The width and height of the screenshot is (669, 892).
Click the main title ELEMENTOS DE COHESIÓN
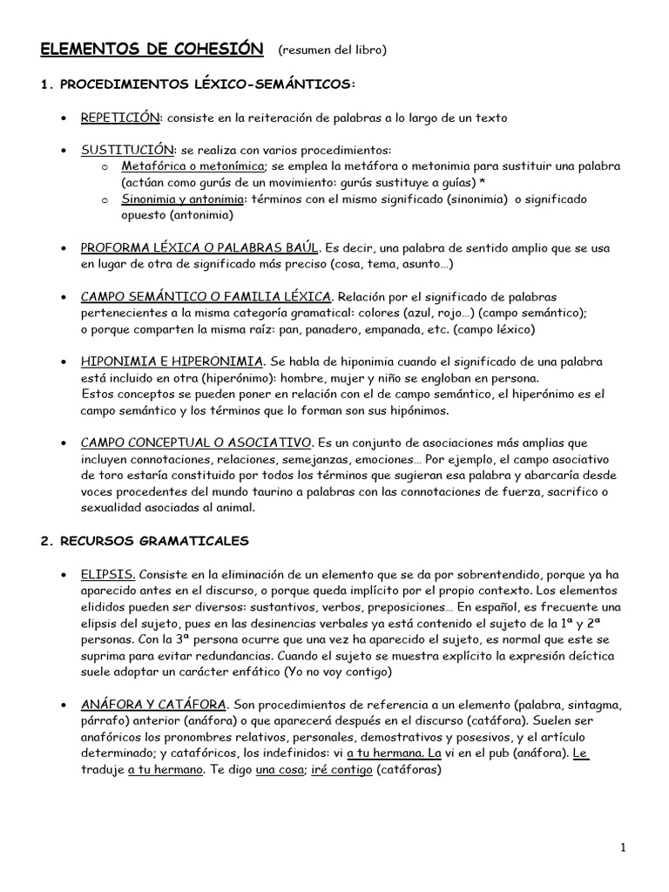(x=152, y=50)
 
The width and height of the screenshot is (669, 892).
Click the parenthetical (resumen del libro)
(x=332, y=51)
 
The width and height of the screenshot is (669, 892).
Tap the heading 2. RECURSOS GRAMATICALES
(x=145, y=541)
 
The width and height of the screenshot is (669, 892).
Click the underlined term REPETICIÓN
(x=120, y=117)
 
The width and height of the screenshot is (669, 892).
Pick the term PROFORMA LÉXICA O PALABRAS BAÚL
(x=200, y=248)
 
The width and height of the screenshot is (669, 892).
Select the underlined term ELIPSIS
(x=107, y=575)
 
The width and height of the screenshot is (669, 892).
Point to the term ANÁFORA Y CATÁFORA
(x=154, y=705)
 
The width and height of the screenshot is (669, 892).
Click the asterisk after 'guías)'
(x=482, y=183)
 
